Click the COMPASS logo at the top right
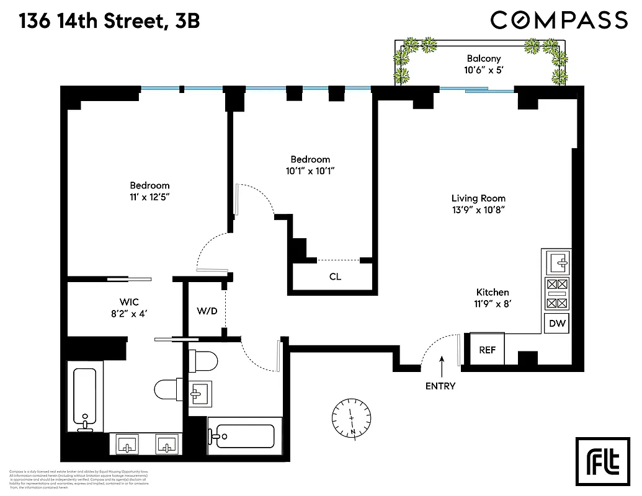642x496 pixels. coord(559,20)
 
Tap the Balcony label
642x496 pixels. coord(484,59)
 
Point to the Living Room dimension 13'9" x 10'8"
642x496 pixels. coord(478,210)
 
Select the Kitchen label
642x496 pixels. coord(493,292)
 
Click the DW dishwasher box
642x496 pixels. coord(556,323)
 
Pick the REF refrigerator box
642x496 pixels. coord(488,350)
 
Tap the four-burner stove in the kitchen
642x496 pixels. coord(556,294)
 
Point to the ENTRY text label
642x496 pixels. coord(440,386)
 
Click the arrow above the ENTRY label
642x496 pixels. coord(442,366)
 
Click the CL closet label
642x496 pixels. coord(335,277)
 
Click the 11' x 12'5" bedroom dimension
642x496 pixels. coord(149,197)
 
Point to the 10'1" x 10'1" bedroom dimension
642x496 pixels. coord(310,171)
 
